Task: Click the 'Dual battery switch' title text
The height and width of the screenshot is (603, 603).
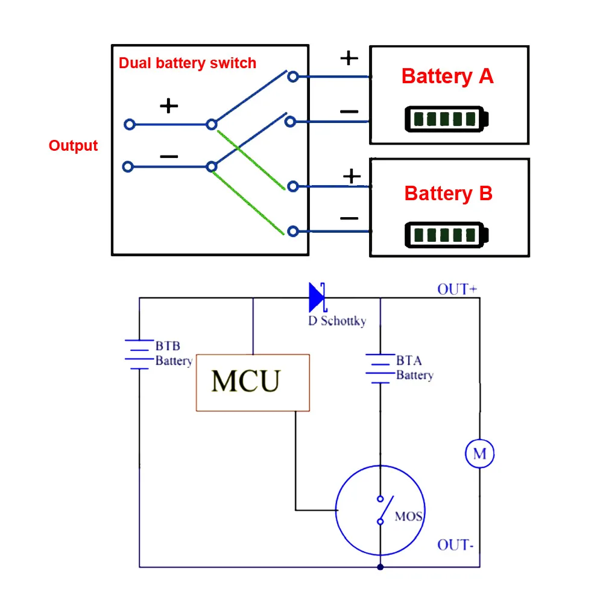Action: click(x=187, y=63)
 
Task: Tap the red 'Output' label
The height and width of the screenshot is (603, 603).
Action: click(x=73, y=146)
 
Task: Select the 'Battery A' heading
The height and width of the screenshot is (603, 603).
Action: click(x=447, y=77)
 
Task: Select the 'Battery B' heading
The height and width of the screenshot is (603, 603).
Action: click(x=448, y=194)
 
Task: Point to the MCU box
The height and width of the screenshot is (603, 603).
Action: click(x=253, y=382)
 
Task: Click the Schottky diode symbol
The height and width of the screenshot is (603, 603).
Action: click(x=317, y=297)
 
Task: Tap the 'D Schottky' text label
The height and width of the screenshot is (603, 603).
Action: click(x=337, y=321)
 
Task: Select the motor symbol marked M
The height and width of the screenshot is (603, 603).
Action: click(x=479, y=453)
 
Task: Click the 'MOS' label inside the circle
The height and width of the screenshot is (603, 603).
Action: click(x=408, y=516)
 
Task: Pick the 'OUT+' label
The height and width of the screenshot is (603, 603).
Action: click(x=457, y=289)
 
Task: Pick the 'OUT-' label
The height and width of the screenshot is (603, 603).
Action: click(x=455, y=545)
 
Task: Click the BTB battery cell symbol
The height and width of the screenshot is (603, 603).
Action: click(x=139, y=354)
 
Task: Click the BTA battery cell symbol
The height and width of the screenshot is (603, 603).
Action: click(x=380, y=368)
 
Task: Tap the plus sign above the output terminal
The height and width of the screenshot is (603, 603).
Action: click(x=169, y=106)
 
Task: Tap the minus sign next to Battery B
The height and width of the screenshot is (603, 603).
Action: click(x=349, y=218)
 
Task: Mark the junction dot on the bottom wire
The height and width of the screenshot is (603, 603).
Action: click(x=380, y=567)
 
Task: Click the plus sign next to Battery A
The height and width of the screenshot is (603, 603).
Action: click(x=349, y=58)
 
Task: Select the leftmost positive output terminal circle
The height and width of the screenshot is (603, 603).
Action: click(x=128, y=125)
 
